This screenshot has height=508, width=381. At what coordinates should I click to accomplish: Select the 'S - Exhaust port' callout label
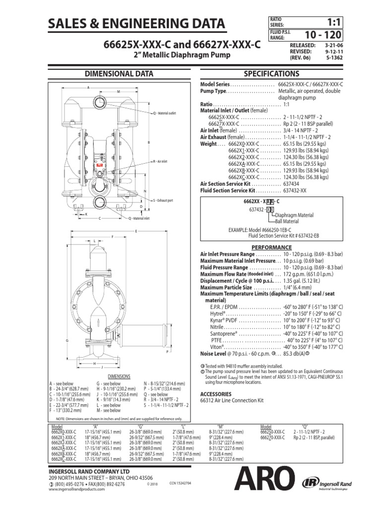click(166, 200)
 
